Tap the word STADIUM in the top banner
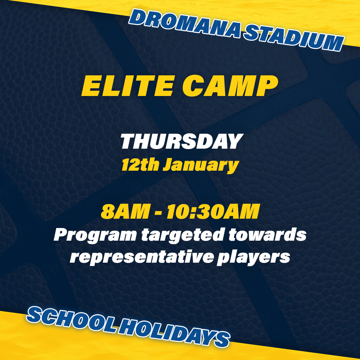[294, 38]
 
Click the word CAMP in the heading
[230, 86]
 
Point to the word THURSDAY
[182, 141]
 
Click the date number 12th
[140, 164]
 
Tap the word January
[201, 166]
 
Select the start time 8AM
[125, 211]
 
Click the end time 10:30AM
[213, 211]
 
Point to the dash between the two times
[158, 213]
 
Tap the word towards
[267, 234]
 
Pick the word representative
[142, 257]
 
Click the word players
[253, 257]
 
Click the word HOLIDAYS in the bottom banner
[174, 333]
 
